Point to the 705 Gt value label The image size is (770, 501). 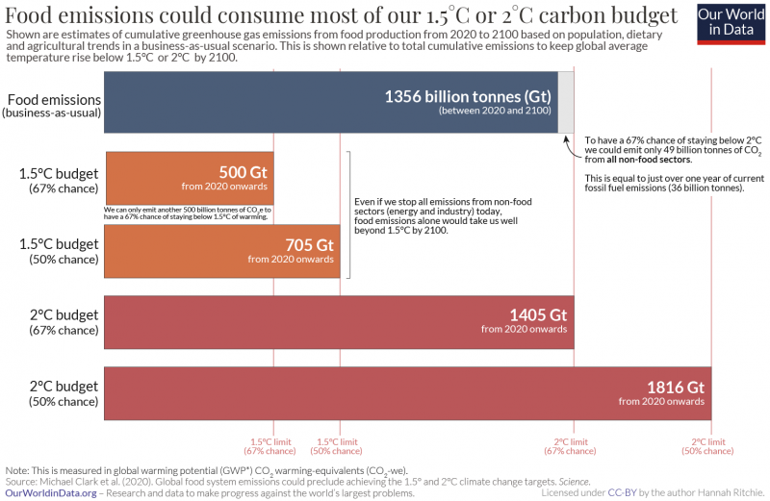tap(308, 244)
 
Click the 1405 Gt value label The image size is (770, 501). tap(538, 315)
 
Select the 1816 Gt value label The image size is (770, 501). tap(676, 387)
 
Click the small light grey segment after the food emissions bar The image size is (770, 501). tap(566, 102)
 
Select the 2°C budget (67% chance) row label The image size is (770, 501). tap(64, 322)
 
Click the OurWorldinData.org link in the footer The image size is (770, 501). tap(51, 493)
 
